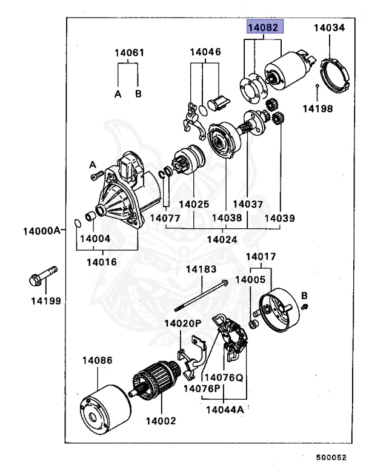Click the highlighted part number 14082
tap(264, 28)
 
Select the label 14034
tap(329, 28)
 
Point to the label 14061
tap(129, 53)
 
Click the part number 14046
tap(205, 53)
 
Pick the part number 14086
tap(98, 360)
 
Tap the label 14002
tap(161, 420)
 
